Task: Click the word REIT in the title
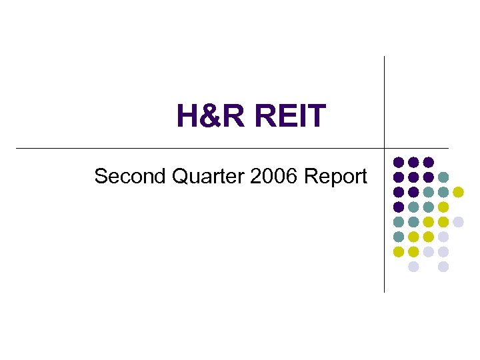tap(289, 116)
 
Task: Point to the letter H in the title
tap(188, 116)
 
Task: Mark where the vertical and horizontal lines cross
tap(385, 147)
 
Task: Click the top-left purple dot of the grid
tap(399, 162)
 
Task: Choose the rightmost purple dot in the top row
tap(429, 162)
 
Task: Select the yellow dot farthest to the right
tap(458, 192)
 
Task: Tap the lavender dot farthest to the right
tap(458, 222)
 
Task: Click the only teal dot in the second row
tap(443, 177)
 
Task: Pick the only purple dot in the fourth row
tap(399, 207)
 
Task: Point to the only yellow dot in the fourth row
tap(443, 207)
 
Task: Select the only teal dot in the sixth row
tap(399, 237)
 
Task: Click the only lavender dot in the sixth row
tap(443, 237)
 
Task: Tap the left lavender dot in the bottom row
tap(413, 267)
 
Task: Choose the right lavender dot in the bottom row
tap(443, 267)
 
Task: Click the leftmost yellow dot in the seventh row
tap(399, 252)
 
